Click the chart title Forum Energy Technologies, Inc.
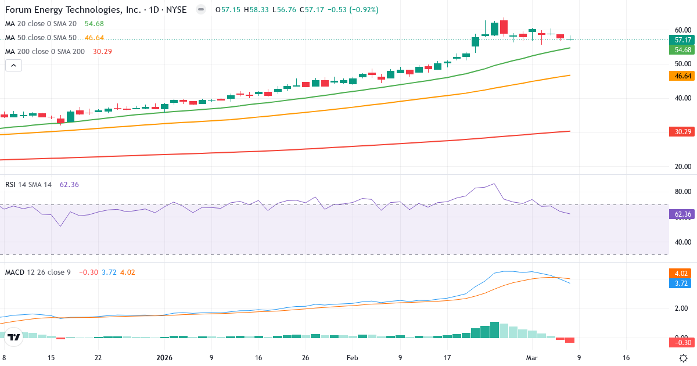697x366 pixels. [70, 10]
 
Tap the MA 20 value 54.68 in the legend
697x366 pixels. [94, 23]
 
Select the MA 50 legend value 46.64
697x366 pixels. [94, 38]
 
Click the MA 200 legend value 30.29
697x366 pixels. [102, 52]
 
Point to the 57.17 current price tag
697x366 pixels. [682, 40]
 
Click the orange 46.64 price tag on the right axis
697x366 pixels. [682, 76]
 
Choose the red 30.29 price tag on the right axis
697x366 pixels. [682, 132]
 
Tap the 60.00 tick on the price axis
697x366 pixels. [682, 30]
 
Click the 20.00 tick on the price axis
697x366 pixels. [682, 167]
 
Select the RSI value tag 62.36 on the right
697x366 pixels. [682, 214]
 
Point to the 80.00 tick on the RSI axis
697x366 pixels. [682, 192]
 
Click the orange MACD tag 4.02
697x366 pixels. [682, 273]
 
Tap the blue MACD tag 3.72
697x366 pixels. [682, 284]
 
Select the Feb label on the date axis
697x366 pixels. [353, 358]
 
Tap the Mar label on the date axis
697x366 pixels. [533, 358]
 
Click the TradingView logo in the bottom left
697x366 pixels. [15, 337]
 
